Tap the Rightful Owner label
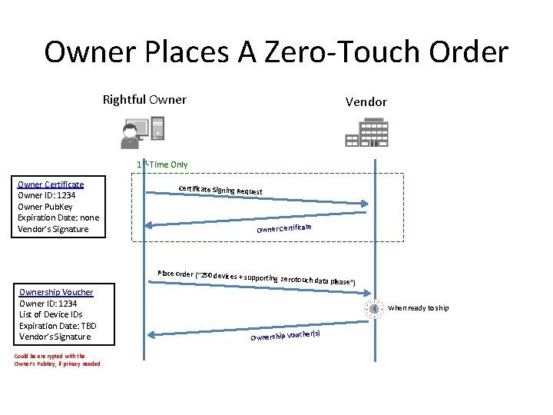144,100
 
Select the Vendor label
366,101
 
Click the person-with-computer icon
143,132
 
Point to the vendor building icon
367,132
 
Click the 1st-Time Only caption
162,164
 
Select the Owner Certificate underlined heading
51,184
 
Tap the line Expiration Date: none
58,217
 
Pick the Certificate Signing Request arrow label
220,190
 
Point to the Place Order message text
256,277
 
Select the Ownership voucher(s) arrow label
285,335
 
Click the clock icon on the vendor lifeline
374,309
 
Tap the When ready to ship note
419,308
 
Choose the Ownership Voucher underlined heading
56,292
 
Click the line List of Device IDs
51,314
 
